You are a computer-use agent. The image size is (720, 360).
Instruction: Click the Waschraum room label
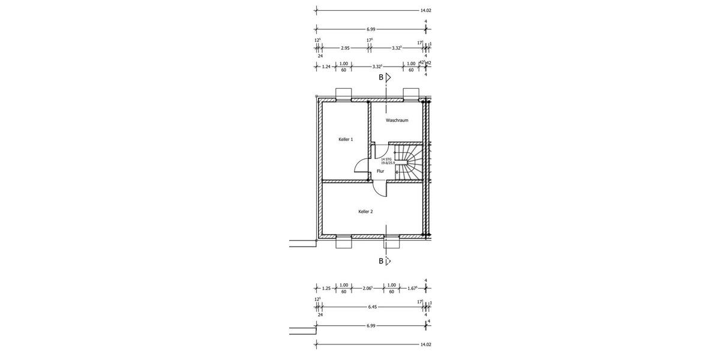(x=397, y=121)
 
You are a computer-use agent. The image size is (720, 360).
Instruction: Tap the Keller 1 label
(x=346, y=140)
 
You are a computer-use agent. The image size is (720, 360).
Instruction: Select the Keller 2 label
(x=366, y=212)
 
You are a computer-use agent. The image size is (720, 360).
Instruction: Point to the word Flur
(x=380, y=172)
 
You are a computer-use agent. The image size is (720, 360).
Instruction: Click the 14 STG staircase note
(x=386, y=160)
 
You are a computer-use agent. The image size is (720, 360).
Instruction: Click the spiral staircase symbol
(x=410, y=161)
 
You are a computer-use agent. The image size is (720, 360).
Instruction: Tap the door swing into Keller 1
(x=361, y=165)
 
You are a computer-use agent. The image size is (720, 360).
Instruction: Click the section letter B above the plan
(x=380, y=77)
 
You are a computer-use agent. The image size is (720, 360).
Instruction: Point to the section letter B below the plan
(x=380, y=261)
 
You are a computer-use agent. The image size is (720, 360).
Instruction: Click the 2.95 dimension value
(x=345, y=47)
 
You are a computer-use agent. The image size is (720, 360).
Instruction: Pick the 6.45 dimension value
(x=372, y=307)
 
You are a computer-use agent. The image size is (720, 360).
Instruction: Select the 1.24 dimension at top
(x=326, y=67)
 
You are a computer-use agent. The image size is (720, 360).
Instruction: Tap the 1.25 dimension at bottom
(x=326, y=287)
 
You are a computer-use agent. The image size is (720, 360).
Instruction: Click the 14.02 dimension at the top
(x=426, y=11)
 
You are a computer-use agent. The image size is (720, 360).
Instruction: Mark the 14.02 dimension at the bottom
(x=426, y=345)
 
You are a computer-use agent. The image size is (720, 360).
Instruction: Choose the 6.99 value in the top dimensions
(x=371, y=29)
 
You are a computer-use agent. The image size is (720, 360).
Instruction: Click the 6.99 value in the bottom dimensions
(x=371, y=326)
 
